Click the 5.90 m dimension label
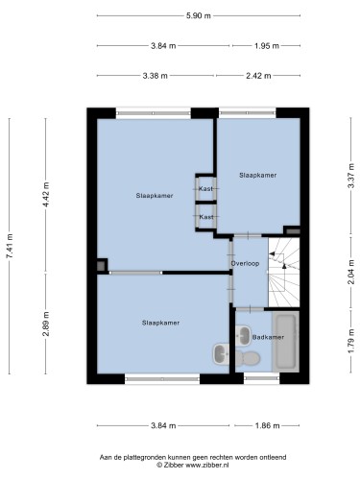coord(199,15)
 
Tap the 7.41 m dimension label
coord(10,246)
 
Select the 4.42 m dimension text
coord(46,194)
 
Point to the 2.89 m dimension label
coord(46,324)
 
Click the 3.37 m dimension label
coord(351,176)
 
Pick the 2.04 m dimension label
coord(351,272)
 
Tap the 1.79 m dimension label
coord(351,341)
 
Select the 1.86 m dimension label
coord(267,425)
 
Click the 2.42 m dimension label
coord(258,76)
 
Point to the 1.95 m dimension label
coord(267,46)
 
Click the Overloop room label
coord(245,263)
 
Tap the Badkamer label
coord(268,337)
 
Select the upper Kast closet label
coord(205,188)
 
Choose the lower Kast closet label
coord(206,217)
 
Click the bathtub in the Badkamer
coord(285,342)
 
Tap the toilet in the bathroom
coord(247,358)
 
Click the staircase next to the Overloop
coord(283,273)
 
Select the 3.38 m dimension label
coord(155,76)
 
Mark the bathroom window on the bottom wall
coord(262,378)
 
